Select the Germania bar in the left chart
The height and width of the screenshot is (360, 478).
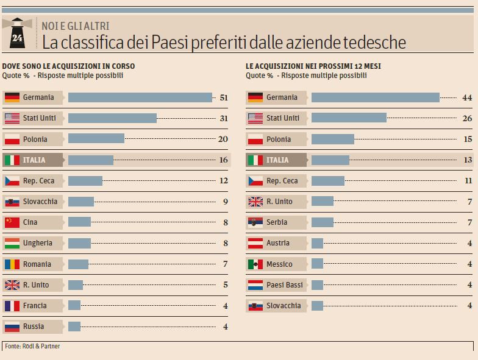pos(140,97)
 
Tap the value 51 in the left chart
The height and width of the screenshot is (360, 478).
pos(223,97)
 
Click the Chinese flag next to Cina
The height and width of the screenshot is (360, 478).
pos(12,222)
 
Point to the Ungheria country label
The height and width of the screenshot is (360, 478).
pos(38,243)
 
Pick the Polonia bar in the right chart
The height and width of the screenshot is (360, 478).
pos(332,139)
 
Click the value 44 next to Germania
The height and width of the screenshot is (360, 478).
pos(467,97)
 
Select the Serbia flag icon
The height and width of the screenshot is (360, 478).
pos(255,222)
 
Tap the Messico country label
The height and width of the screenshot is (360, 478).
pos(279,264)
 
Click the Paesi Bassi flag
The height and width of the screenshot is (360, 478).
pos(255,285)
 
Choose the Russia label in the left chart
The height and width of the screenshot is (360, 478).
pos(34,326)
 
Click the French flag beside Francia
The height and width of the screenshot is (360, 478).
pos(12,306)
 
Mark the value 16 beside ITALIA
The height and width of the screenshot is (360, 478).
pos(223,160)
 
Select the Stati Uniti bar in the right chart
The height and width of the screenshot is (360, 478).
pos(349,118)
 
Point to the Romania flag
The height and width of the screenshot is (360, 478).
pos(12,264)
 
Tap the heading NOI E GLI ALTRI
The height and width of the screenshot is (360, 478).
pos(76,25)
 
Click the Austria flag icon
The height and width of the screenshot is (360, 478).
pos(255,243)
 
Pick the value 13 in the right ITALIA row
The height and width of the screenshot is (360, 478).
pos(467,160)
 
